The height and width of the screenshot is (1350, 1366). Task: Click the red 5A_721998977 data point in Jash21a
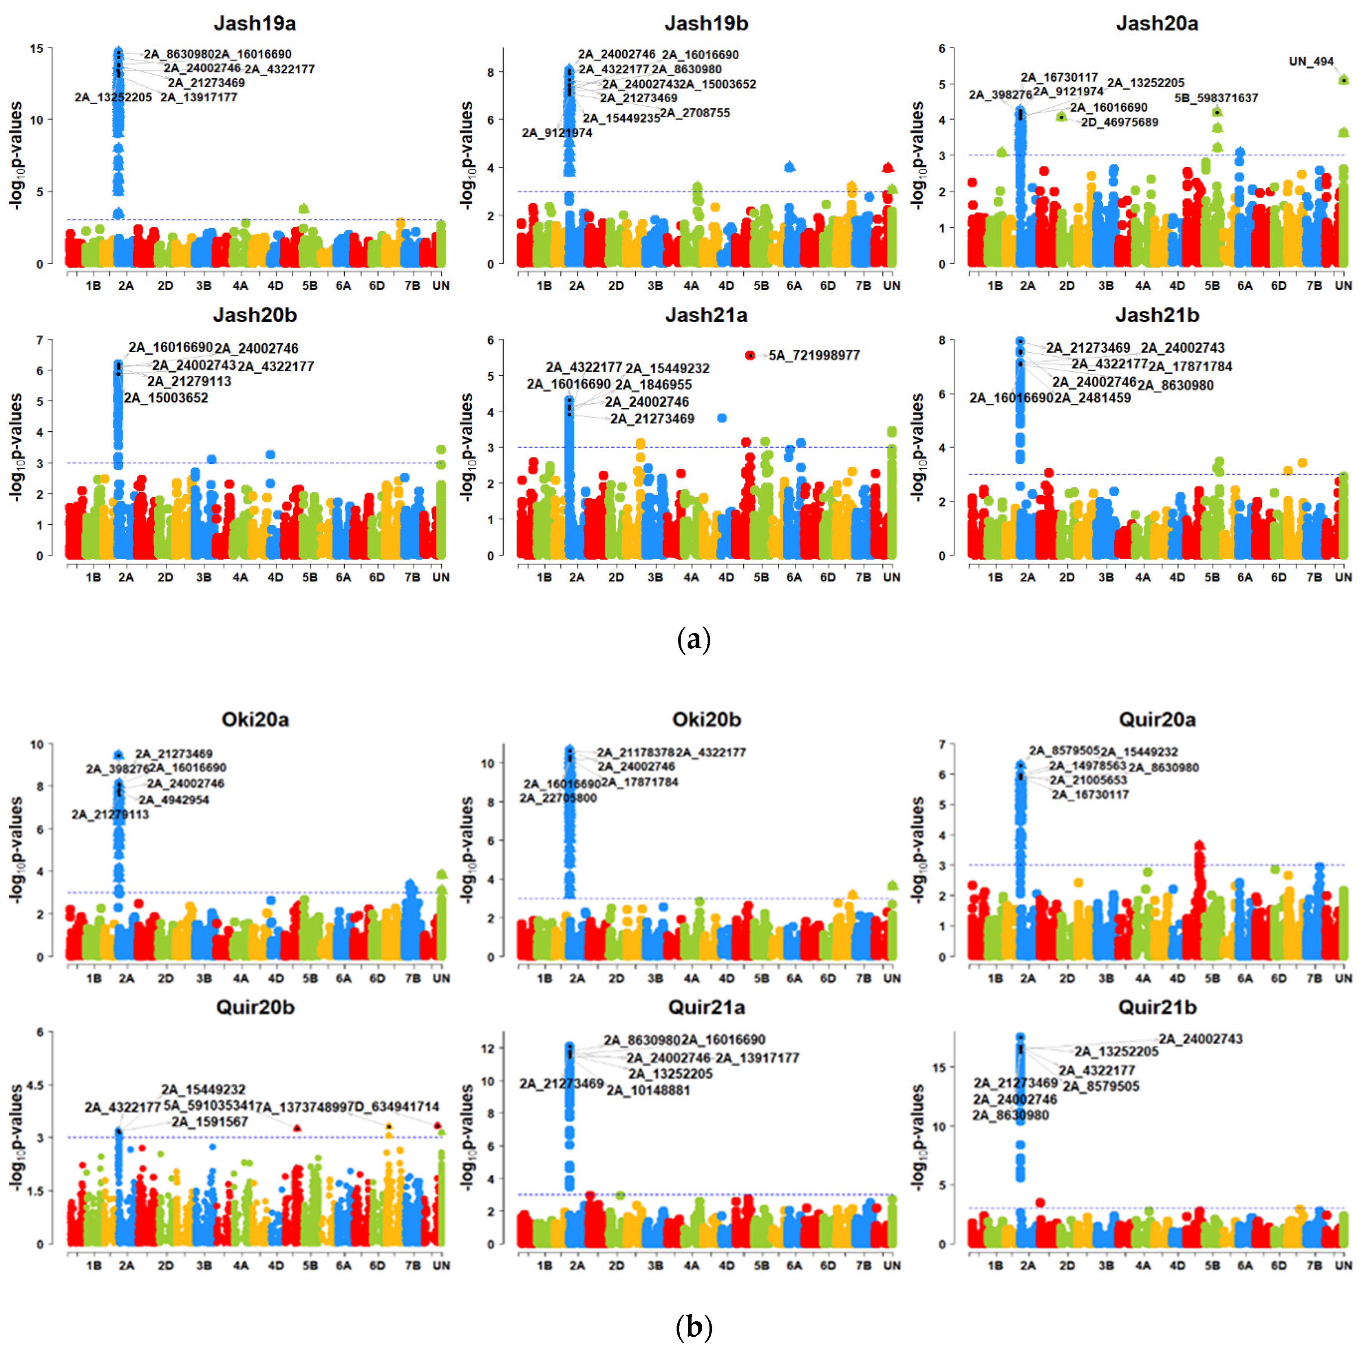click(x=750, y=355)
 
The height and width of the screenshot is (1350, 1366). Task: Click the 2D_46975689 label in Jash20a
click(x=1119, y=122)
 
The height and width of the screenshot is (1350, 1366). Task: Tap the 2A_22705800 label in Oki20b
click(x=558, y=798)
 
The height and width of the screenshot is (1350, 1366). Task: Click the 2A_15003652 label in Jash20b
click(x=166, y=398)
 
